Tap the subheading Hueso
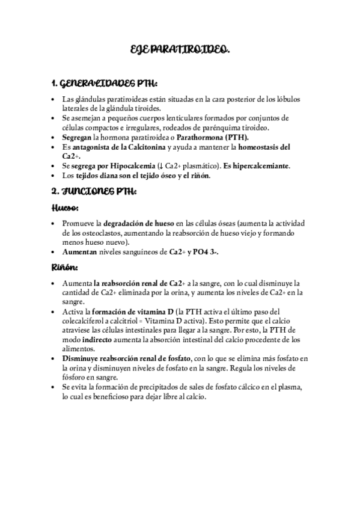point(63,207)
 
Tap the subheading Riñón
point(63,267)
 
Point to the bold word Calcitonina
point(142,147)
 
